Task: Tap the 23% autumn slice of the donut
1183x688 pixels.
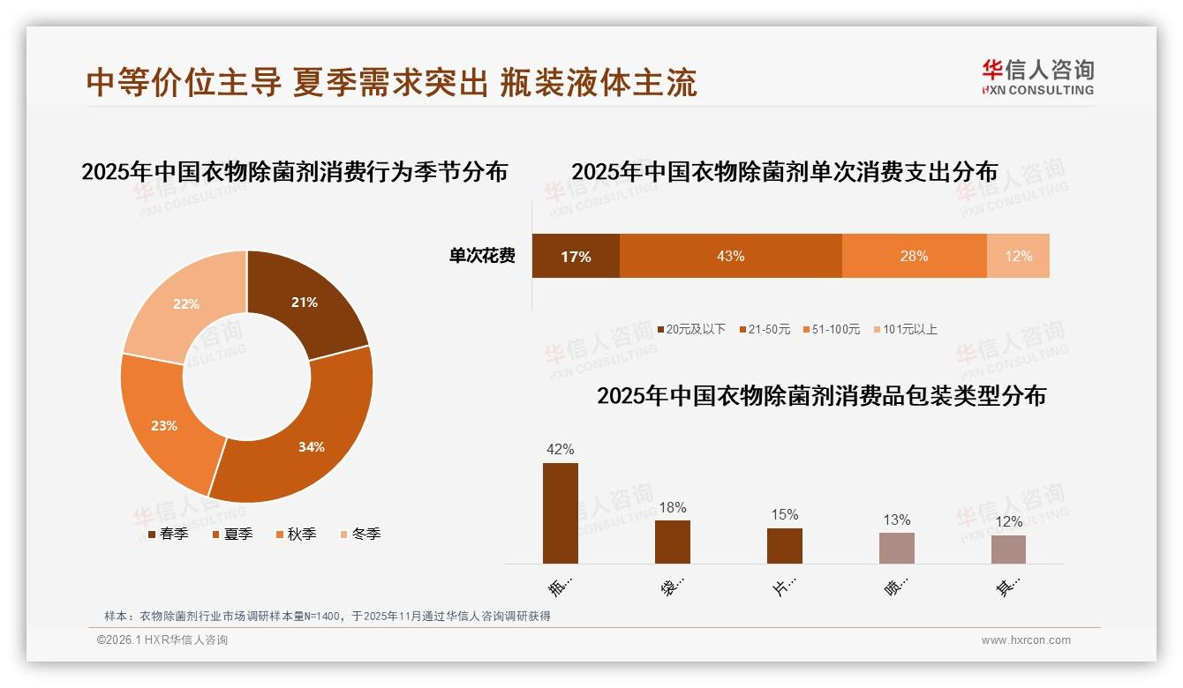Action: click(x=163, y=423)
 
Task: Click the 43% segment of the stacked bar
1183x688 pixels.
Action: click(x=730, y=256)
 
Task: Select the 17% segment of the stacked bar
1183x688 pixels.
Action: click(x=576, y=256)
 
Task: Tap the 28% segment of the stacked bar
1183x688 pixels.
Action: click(x=914, y=256)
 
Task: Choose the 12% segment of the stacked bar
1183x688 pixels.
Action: click(x=1018, y=256)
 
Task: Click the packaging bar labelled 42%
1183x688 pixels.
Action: click(x=561, y=513)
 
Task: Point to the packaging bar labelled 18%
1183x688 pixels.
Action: click(x=673, y=542)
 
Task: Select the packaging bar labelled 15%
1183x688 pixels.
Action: click(x=784, y=546)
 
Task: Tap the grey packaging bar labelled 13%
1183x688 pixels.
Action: click(x=896, y=548)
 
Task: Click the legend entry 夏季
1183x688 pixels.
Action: click(x=233, y=534)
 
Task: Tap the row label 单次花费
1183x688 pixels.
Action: click(x=482, y=256)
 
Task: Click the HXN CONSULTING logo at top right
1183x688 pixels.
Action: click(x=1037, y=77)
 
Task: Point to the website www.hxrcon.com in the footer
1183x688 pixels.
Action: click(x=1026, y=640)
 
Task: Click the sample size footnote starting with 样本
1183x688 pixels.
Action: click(x=328, y=616)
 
